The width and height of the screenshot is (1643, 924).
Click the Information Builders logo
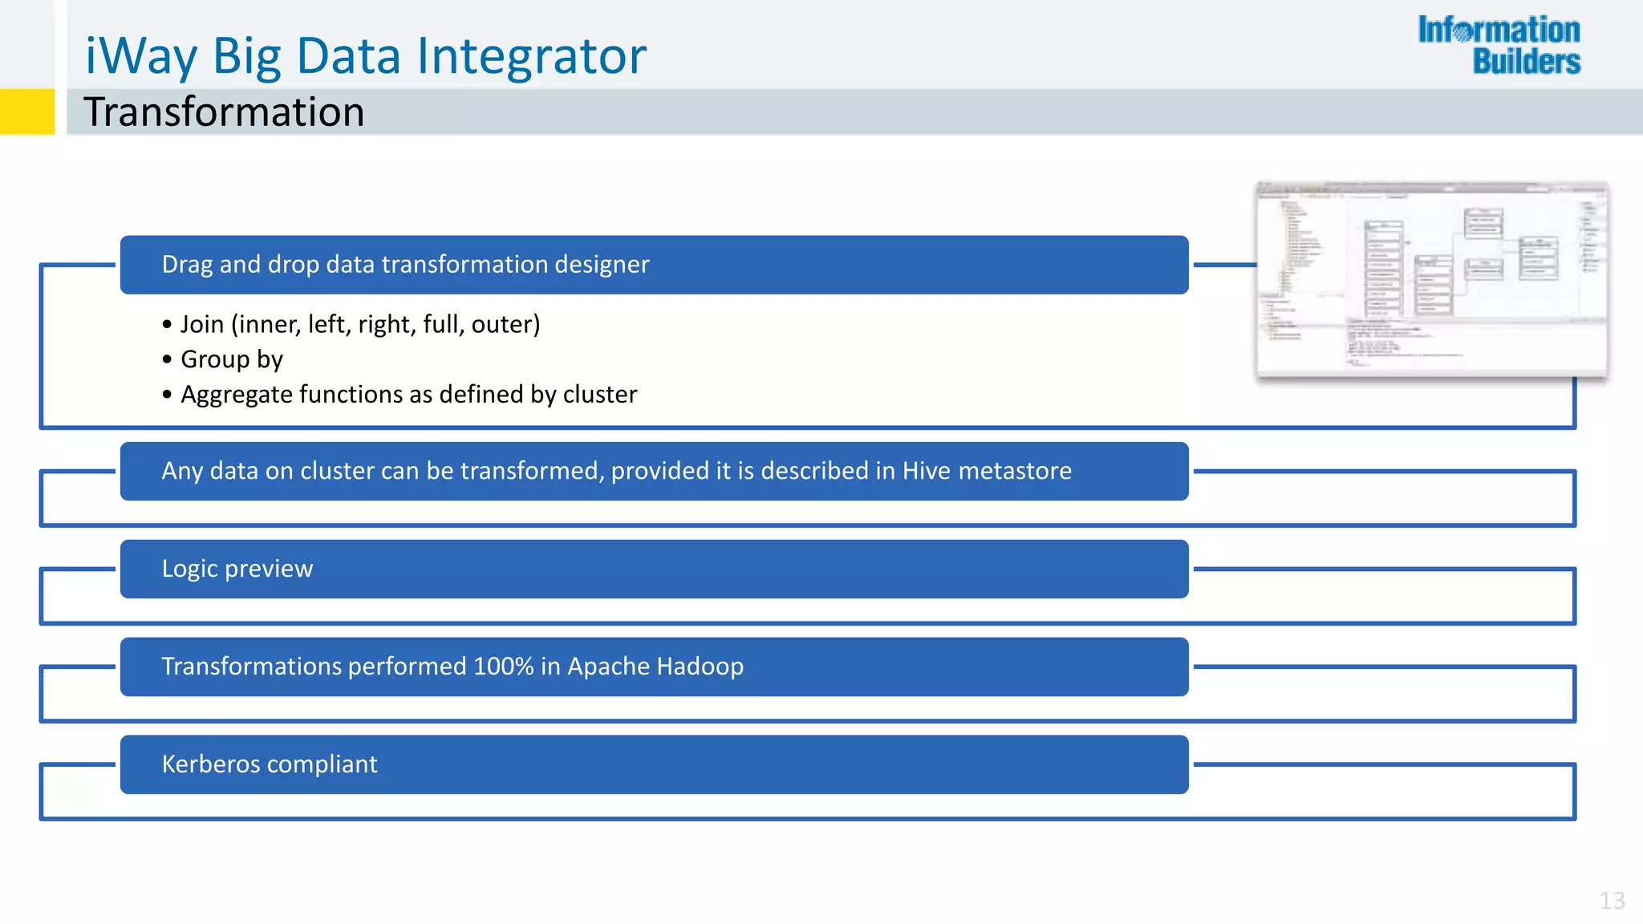pos(1499,46)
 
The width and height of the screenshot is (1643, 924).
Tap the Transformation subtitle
pos(224,111)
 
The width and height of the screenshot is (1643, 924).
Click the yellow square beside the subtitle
pos(26,111)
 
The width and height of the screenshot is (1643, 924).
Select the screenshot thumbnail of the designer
pos(1432,279)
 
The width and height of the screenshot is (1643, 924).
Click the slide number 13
pos(1612,900)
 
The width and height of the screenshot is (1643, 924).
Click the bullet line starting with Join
pos(359,324)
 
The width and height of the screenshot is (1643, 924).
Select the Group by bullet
pos(231,359)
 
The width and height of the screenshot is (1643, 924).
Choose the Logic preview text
pos(237,569)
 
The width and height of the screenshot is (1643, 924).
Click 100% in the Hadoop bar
pos(503,667)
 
